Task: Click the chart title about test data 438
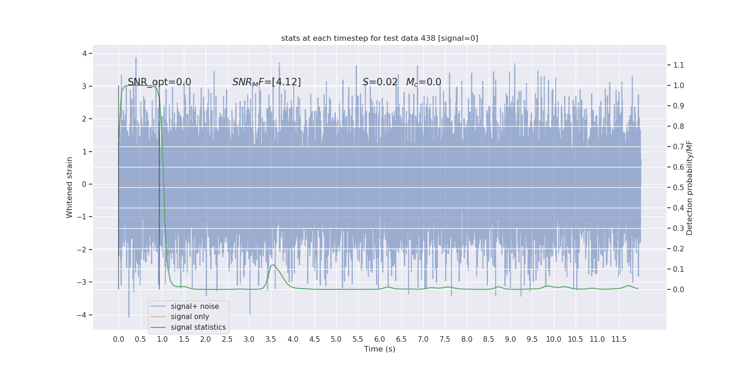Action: tap(379, 38)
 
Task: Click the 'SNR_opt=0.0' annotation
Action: tap(159, 82)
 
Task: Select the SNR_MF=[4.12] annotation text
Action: tap(266, 82)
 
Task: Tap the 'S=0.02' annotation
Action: tap(380, 82)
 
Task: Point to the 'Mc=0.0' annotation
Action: tap(423, 82)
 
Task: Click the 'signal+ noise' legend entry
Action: tap(195, 307)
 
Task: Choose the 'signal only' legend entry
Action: tap(190, 317)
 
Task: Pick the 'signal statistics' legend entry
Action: tap(198, 327)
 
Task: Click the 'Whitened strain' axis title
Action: tap(69, 187)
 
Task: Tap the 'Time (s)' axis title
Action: tap(379, 349)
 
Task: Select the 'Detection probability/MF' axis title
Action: tap(689, 187)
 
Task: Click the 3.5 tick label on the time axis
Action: tap(271, 339)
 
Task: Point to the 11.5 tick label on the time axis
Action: tap(619, 339)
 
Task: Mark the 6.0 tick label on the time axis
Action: tap(380, 339)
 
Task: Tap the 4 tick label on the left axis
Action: tap(85, 53)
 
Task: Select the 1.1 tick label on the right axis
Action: tap(678, 65)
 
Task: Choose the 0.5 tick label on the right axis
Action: tap(678, 187)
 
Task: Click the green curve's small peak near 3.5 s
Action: tap(273, 265)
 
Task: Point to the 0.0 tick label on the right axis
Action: tap(678, 289)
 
